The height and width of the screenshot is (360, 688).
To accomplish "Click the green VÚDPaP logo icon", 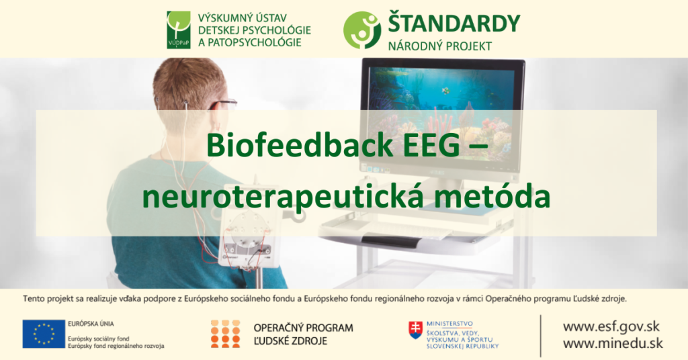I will click(x=178, y=30).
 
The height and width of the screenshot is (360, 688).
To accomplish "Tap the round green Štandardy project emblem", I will click(x=362, y=30).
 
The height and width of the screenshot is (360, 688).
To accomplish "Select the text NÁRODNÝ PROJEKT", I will click(x=439, y=46).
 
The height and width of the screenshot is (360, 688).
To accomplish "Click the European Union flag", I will click(x=44, y=334).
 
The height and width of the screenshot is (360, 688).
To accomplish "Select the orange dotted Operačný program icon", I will click(x=225, y=334).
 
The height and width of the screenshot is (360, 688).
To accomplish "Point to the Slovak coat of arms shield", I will click(x=416, y=329).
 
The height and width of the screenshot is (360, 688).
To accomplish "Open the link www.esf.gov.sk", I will click(x=611, y=327).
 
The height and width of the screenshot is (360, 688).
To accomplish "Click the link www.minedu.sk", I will click(x=612, y=343).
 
